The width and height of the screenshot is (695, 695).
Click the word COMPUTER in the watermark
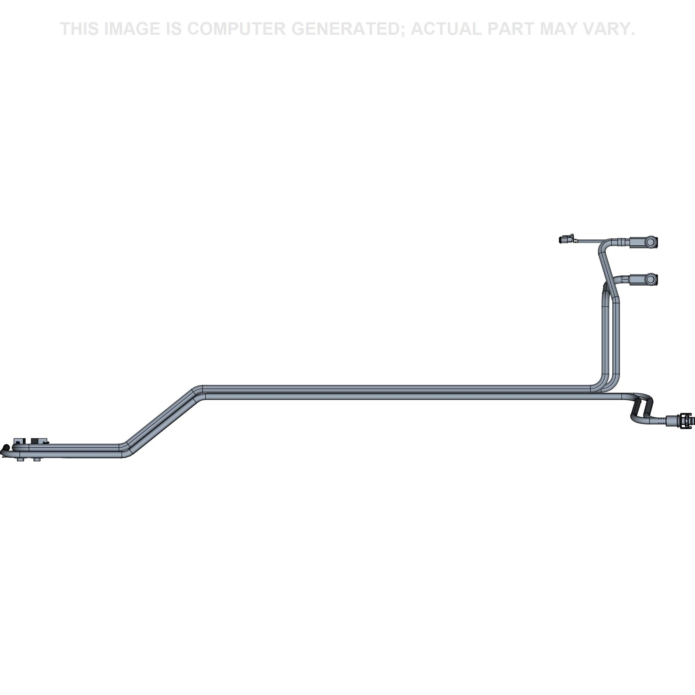coord(236,29)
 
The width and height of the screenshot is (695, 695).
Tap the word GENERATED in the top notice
coord(347,29)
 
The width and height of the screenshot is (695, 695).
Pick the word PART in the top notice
coord(511,29)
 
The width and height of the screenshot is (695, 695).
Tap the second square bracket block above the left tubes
coord(37,441)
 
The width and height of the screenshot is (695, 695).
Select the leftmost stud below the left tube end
coord(21,460)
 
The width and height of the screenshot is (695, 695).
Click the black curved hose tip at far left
coord(4,449)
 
